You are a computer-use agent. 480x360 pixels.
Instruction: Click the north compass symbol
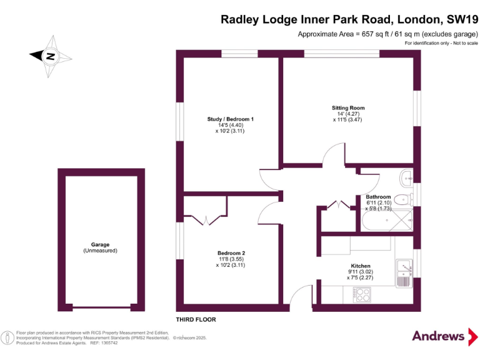[x=49, y=56]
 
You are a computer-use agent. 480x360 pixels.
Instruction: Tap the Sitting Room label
[x=348, y=108]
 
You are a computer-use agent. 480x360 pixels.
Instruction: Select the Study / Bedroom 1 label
[x=231, y=119]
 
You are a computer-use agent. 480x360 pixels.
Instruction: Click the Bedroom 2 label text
[x=231, y=253]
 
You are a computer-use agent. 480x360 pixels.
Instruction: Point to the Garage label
[x=100, y=245]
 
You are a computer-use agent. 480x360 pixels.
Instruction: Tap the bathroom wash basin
[x=407, y=177]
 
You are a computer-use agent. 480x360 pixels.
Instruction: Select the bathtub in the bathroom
[x=387, y=220]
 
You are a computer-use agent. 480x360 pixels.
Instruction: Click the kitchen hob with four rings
[x=362, y=295]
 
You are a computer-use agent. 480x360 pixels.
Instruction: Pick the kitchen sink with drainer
[x=404, y=273]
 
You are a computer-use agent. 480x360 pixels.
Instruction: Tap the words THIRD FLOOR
[x=196, y=319]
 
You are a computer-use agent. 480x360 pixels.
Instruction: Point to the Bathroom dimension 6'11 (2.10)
[x=379, y=203]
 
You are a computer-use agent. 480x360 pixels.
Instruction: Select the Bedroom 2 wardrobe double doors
[x=206, y=219]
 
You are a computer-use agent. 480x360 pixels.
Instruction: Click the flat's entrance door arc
[x=300, y=300]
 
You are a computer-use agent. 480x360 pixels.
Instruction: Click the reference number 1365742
[x=104, y=343]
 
